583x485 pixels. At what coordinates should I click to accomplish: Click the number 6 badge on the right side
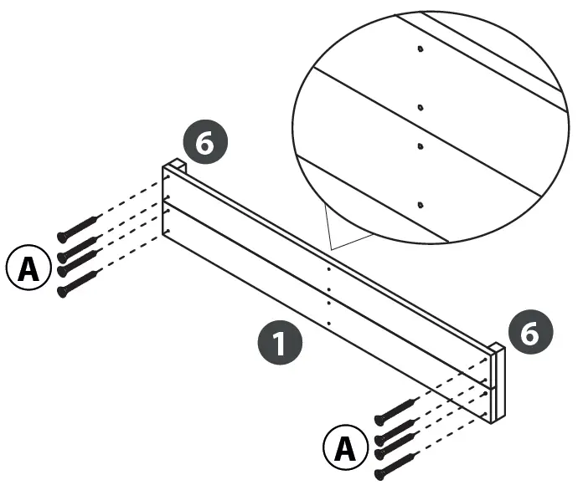[x=530, y=333]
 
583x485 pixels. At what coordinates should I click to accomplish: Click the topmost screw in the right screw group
[x=395, y=410]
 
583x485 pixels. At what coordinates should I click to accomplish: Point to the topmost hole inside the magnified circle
[x=420, y=48]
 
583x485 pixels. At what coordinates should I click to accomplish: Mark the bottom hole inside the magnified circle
[x=421, y=204]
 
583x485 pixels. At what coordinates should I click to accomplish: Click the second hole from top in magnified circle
[x=420, y=107]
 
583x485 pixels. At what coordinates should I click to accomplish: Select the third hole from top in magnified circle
[x=420, y=145]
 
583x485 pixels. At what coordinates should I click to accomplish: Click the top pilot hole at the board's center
[x=329, y=270]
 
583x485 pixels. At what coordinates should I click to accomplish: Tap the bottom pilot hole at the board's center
[x=329, y=322]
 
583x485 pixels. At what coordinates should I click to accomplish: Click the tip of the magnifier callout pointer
[x=333, y=248]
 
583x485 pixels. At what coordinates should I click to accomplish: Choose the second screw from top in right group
[x=395, y=429]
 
